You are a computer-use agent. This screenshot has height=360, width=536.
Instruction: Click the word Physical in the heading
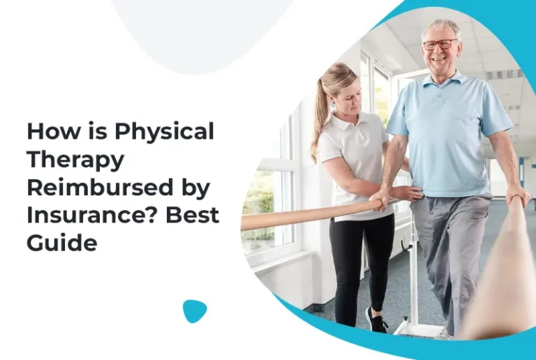[x=164, y=131]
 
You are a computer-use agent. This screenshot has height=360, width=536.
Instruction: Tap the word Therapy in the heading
[x=75, y=160]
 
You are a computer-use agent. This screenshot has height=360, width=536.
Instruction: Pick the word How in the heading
[x=49, y=131]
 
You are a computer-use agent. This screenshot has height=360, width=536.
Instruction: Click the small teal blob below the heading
[x=195, y=310]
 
